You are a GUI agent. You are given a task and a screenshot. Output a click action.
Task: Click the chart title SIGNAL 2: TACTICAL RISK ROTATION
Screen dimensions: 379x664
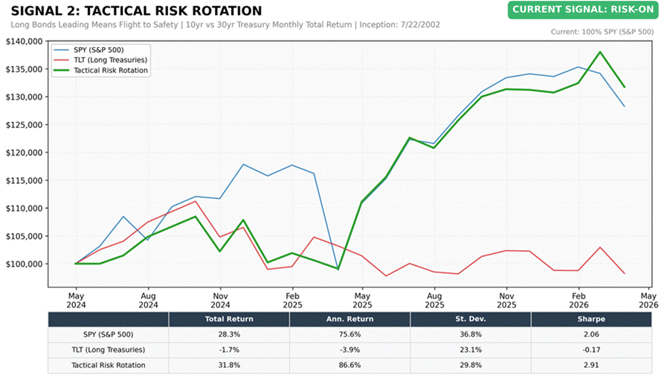[x=136, y=10]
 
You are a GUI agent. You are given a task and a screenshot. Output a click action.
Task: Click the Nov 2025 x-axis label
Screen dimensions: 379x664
[x=506, y=299]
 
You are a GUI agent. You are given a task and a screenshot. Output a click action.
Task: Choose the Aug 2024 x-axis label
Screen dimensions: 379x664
[x=147, y=299]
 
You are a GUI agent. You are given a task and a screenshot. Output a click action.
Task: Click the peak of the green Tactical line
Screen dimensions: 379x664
[x=600, y=52]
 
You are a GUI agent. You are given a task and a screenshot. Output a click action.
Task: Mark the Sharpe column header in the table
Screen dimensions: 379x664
[x=591, y=319]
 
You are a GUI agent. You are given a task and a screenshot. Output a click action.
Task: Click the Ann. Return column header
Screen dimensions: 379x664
[x=349, y=319]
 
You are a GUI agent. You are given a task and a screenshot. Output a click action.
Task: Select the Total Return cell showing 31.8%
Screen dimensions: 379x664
[x=229, y=365]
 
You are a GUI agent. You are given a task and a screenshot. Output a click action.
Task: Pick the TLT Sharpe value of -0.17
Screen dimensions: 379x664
[x=591, y=349]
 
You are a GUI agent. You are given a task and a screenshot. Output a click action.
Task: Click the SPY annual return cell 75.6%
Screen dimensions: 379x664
[x=349, y=334]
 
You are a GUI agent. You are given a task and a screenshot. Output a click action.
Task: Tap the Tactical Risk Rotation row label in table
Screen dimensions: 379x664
[x=109, y=365]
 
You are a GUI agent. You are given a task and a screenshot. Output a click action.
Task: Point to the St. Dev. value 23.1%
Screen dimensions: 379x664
[x=470, y=349]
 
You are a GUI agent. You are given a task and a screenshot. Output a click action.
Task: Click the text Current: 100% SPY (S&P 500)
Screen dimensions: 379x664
[x=602, y=32]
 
